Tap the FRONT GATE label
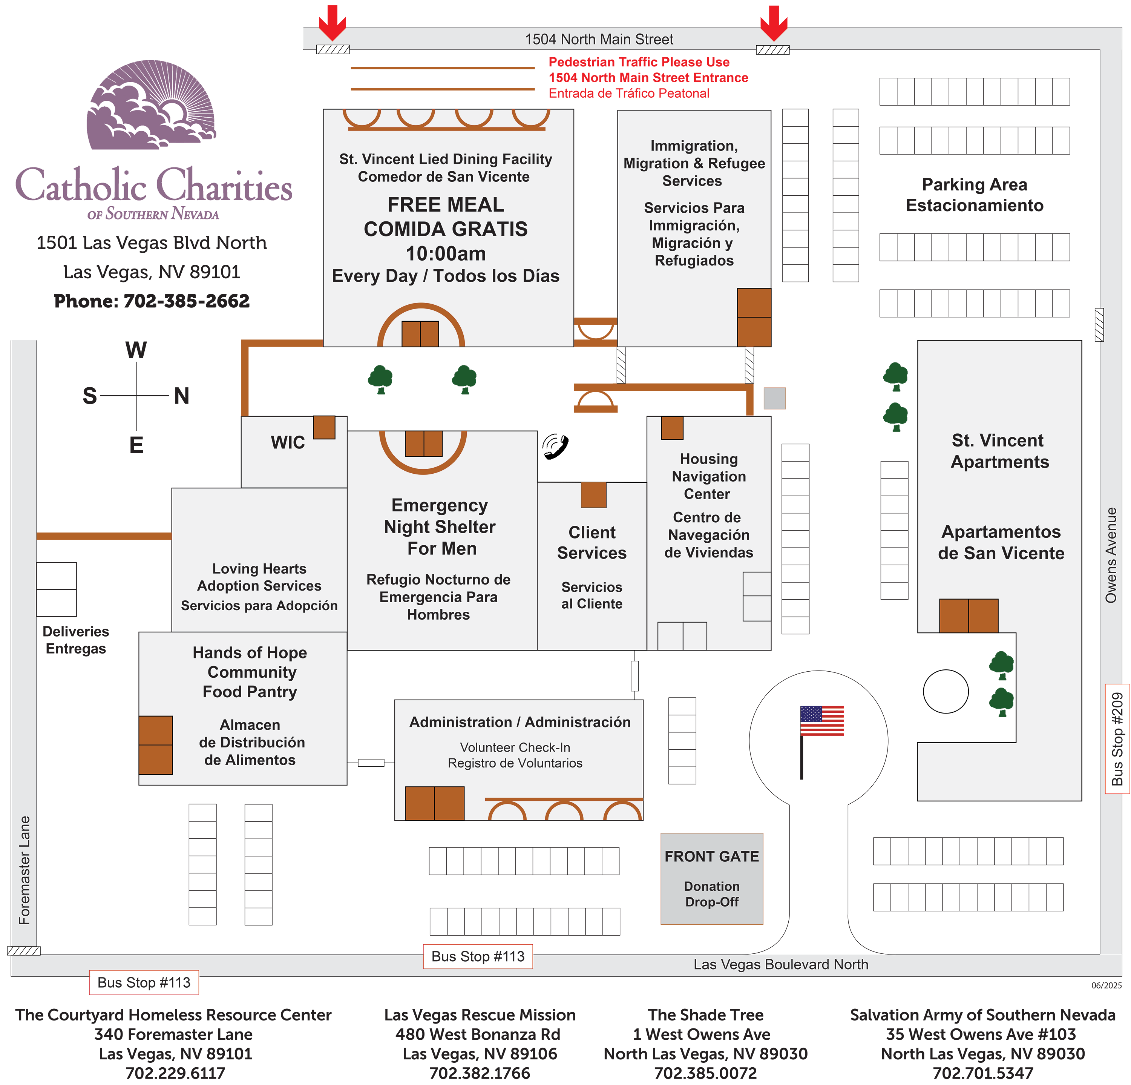click(711, 856)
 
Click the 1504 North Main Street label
click(599, 39)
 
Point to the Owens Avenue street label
click(1111, 555)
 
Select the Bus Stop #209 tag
click(1117, 739)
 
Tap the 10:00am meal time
click(446, 253)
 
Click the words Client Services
click(592, 542)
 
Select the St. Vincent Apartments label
click(999, 451)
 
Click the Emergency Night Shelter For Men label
click(440, 526)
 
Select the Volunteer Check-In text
click(515, 747)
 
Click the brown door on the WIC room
click(324, 427)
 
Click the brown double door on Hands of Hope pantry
click(156, 745)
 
